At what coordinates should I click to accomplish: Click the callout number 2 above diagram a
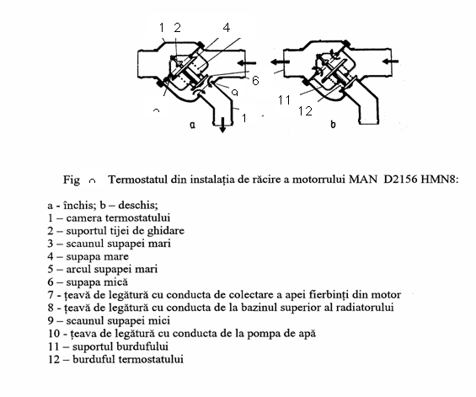click(x=177, y=28)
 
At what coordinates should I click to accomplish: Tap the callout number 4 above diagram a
click(x=227, y=28)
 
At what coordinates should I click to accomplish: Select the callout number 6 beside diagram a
click(x=255, y=80)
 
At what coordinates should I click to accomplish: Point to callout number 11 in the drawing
click(x=285, y=100)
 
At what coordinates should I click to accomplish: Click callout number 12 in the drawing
click(x=305, y=111)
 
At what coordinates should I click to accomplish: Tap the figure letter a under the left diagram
click(x=192, y=125)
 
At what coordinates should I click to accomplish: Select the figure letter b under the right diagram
click(x=333, y=124)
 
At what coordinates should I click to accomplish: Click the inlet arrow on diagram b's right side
click(x=390, y=62)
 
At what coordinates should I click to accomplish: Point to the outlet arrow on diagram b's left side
click(x=280, y=62)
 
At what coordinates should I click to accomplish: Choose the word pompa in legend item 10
click(x=261, y=334)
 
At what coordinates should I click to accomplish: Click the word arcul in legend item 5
click(x=77, y=269)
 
